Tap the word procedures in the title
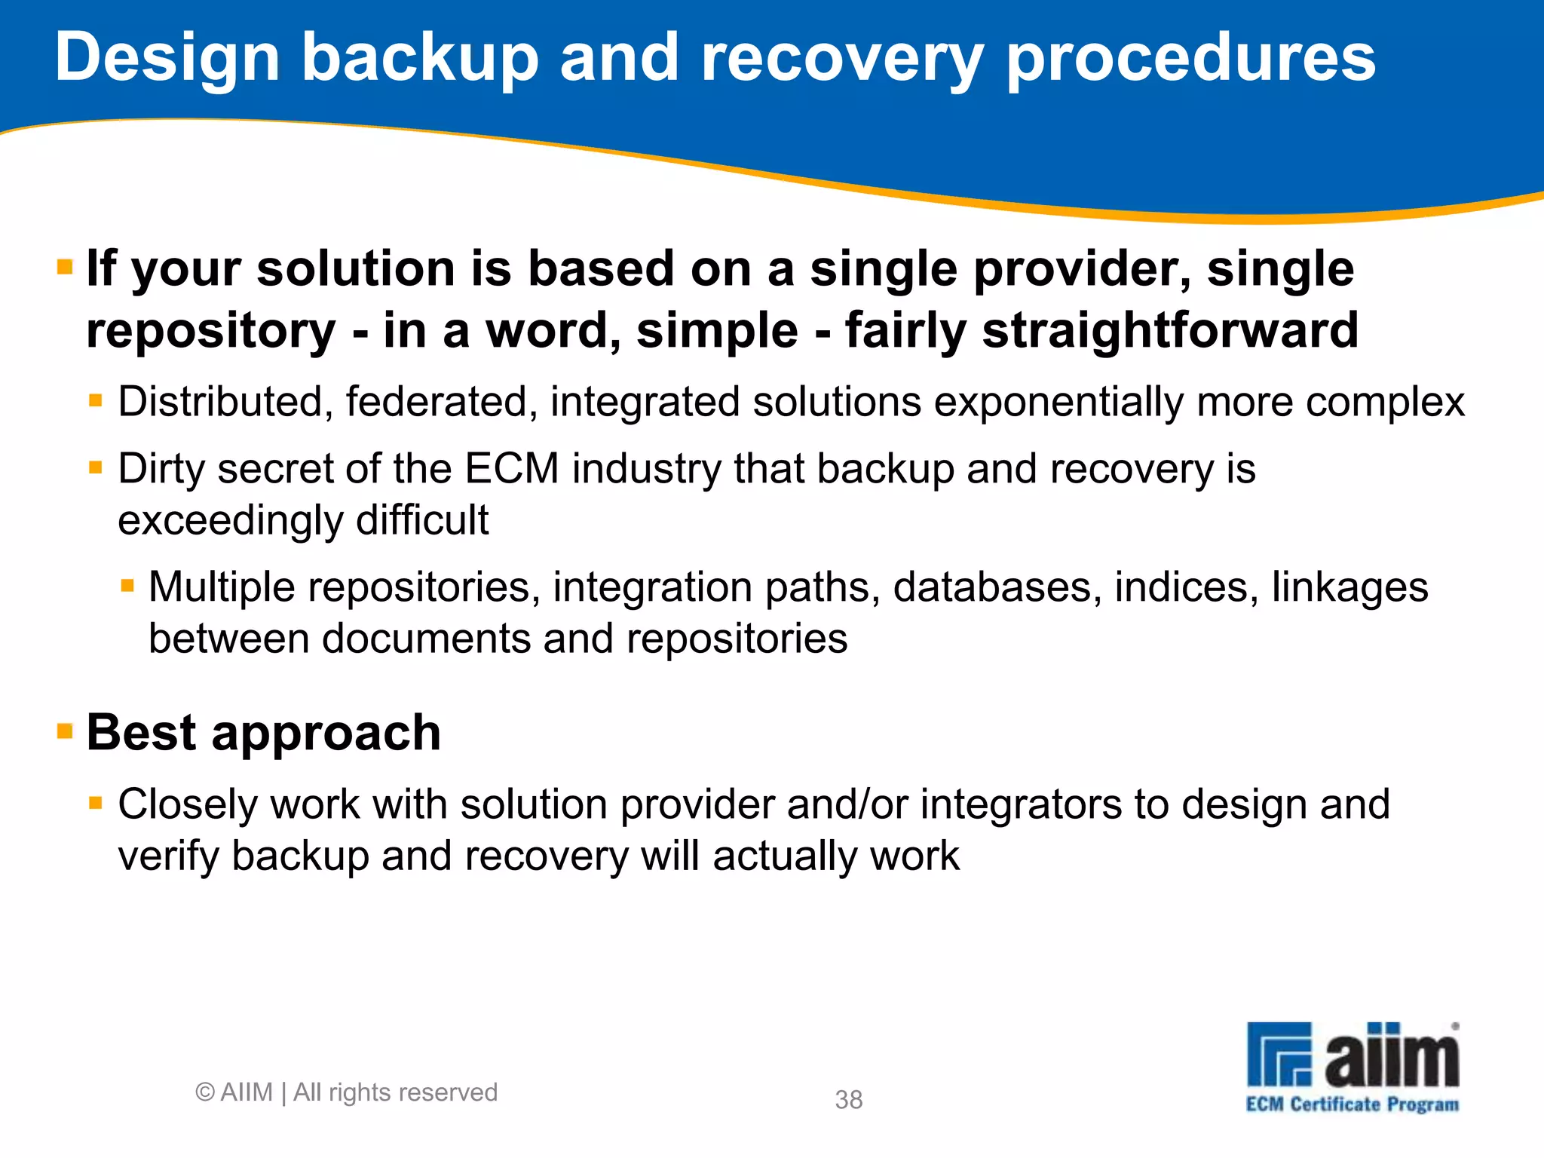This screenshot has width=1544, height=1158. point(1190,59)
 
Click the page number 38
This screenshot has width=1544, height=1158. point(848,1100)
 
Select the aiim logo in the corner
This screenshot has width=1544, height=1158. point(1353,1055)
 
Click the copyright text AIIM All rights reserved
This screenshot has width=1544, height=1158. point(346,1092)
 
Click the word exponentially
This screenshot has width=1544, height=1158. point(1058,402)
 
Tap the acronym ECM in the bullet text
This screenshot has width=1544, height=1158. point(511,469)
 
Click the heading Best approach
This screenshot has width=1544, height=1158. point(263,733)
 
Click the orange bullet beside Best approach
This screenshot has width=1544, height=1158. point(66,731)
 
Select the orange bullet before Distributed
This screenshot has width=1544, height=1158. point(96,400)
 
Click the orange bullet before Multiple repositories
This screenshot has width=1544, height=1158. point(127,586)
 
